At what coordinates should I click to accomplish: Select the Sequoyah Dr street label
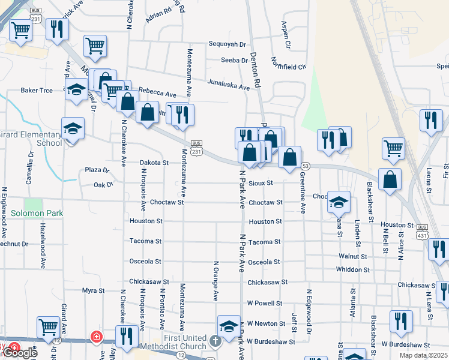(x=228, y=44)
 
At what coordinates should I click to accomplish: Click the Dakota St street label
(x=154, y=163)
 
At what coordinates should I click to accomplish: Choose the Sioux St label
(x=261, y=182)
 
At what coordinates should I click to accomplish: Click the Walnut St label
(x=352, y=256)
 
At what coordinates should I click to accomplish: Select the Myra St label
(x=94, y=290)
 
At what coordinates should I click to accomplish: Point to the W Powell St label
(x=264, y=302)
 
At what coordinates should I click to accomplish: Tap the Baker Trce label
(x=37, y=91)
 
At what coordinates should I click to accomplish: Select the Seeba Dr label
(x=234, y=60)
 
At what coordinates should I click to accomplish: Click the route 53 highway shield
(x=306, y=166)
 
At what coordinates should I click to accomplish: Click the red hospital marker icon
(x=95, y=337)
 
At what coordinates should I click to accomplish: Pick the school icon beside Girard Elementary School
(x=73, y=128)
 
